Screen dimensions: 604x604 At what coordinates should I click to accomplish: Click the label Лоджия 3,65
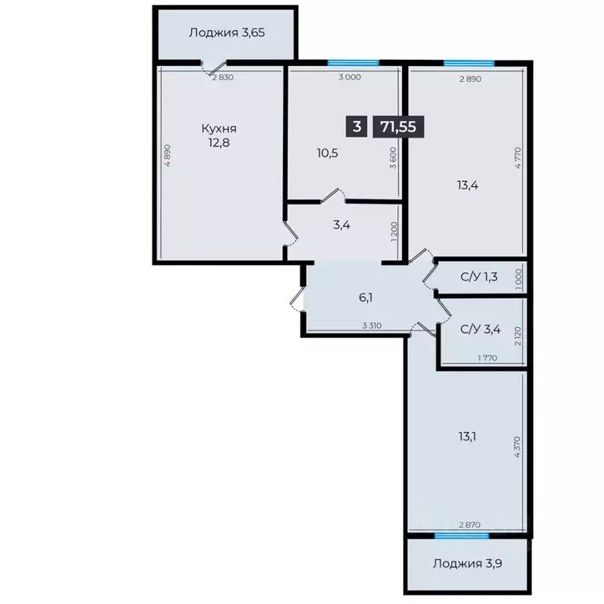coord(226,33)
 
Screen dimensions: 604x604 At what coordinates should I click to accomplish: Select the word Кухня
coord(219,128)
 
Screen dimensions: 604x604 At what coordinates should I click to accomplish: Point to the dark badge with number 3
coord(358,126)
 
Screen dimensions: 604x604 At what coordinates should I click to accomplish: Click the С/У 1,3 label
coord(478,276)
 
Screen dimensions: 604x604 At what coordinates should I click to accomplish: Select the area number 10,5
coord(328,153)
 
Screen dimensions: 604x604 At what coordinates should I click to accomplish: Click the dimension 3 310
coord(373,326)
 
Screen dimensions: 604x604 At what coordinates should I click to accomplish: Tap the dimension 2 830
coord(223,77)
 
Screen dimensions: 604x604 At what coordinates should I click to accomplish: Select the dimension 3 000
coord(349,77)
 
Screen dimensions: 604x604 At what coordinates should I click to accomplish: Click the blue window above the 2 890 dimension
coord(469,63)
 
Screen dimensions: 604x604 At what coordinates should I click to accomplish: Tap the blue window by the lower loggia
coord(461,536)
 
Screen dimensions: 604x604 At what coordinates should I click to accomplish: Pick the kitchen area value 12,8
coord(219,143)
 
